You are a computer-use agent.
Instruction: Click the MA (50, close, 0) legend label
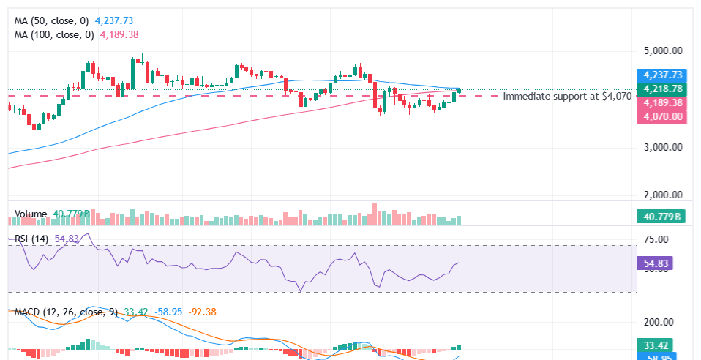click(x=53, y=20)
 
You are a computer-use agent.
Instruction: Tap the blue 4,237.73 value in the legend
click(x=113, y=20)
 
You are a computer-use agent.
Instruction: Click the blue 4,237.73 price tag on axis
click(x=662, y=75)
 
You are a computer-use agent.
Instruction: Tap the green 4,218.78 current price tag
click(x=662, y=89)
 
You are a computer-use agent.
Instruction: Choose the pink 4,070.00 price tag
click(x=662, y=116)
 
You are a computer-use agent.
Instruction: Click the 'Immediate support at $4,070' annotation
click(x=567, y=96)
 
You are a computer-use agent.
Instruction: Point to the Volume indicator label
click(x=31, y=214)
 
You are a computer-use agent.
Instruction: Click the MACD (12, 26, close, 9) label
click(x=66, y=312)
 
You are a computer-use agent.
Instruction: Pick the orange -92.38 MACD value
click(x=202, y=312)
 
